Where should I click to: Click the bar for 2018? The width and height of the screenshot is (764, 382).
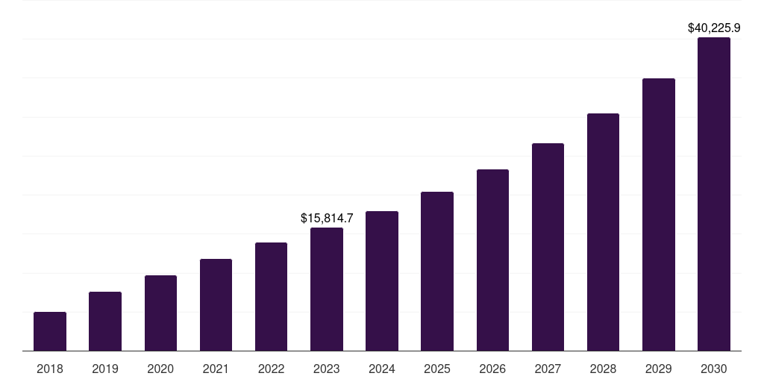click(50, 331)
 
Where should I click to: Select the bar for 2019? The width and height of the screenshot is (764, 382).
click(105, 321)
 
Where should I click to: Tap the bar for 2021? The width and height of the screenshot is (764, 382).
click(216, 304)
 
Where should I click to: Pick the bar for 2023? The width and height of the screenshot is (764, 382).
click(327, 289)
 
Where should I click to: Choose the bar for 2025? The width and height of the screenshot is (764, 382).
click(437, 271)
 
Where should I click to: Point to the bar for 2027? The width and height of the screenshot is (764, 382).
click(548, 247)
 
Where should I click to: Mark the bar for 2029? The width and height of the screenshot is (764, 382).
click(659, 214)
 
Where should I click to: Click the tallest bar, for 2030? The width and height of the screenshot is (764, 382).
click(714, 194)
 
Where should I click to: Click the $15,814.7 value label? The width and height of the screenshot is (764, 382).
click(327, 218)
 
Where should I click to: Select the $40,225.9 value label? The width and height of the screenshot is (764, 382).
click(714, 28)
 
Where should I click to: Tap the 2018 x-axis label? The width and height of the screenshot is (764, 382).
click(50, 369)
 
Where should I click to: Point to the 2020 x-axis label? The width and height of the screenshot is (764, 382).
click(160, 369)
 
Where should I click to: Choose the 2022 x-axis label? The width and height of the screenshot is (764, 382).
click(271, 369)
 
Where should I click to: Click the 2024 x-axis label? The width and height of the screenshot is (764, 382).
click(382, 369)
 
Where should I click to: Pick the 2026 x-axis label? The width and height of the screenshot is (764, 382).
click(492, 369)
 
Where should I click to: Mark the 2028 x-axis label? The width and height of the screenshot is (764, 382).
click(603, 369)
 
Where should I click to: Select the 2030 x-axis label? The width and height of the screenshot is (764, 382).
click(714, 369)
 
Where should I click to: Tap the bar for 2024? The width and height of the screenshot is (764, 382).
click(382, 281)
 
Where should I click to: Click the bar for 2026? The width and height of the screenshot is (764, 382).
click(492, 260)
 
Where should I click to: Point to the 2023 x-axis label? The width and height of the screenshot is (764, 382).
click(327, 369)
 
